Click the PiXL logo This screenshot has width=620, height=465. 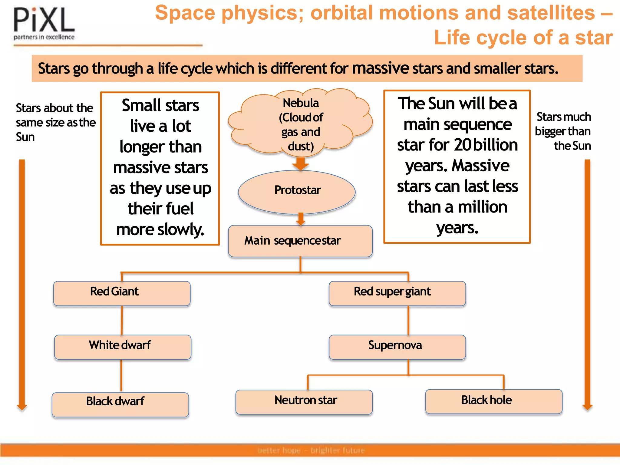44,24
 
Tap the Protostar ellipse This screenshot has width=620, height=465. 297,191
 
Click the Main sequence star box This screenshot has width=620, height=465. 300,241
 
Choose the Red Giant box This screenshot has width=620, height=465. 122,293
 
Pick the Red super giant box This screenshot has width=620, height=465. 397,293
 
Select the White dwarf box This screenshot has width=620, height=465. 123,347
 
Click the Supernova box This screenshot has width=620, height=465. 397,347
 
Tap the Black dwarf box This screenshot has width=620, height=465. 120,404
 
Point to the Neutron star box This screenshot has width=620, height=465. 304,402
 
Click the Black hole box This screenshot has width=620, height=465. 493,401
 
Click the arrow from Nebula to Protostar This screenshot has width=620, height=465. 300,164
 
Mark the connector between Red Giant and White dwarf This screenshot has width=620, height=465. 122,320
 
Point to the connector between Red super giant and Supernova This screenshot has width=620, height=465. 408,320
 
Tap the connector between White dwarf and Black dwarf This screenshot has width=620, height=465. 121,376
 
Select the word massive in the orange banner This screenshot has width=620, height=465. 380,68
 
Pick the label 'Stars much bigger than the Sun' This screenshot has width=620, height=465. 563,131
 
